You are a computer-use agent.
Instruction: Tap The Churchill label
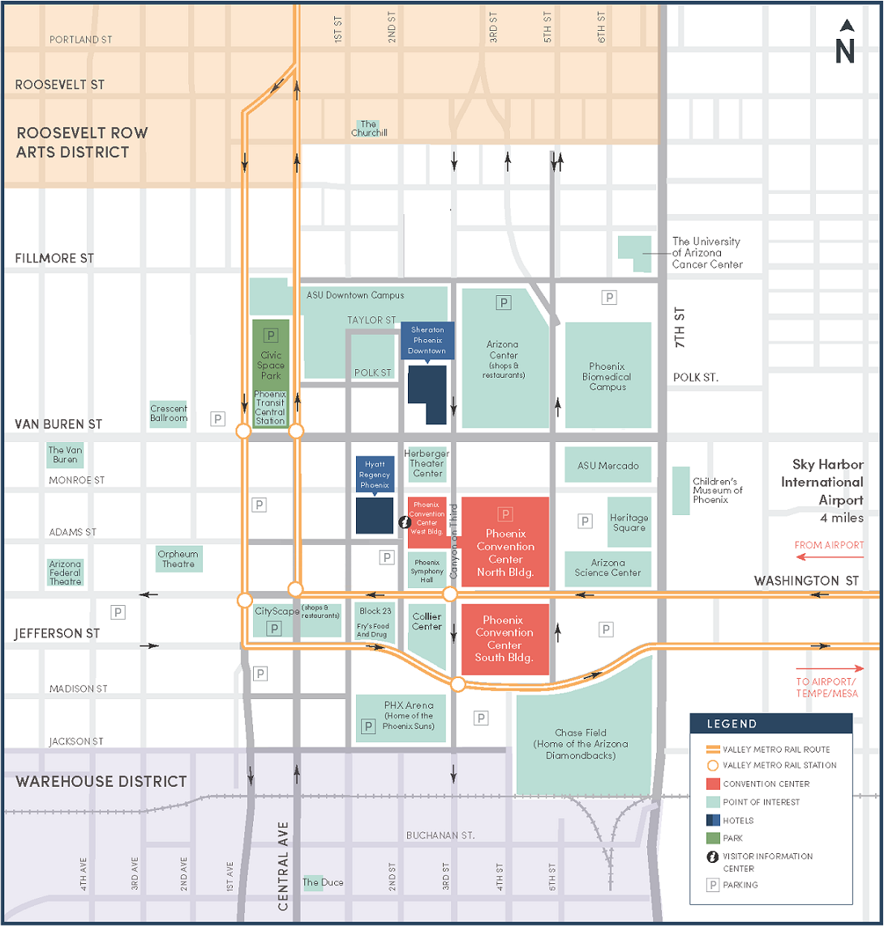(x=369, y=128)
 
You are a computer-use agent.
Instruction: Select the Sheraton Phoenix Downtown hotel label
(x=427, y=341)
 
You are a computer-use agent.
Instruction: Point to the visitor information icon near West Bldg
(x=403, y=521)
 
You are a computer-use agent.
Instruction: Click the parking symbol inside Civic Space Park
(x=271, y=333)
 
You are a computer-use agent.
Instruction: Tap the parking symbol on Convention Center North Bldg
(x=505, y=514)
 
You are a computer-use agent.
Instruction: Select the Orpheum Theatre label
(x=178, y=559)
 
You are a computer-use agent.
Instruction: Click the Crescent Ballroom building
(x=169, y=414)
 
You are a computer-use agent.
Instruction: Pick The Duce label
(x=312, y=882)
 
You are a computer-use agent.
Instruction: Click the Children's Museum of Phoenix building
(x=681, y=490)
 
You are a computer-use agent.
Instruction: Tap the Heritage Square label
(x=629, y=522)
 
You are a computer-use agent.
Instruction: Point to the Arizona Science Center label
(x=608, y=568)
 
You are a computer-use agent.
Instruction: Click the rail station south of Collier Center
(x=457, y=684)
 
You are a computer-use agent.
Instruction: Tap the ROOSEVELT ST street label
(x=59, y=84)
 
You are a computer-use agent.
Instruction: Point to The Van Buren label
(x=65, y=455)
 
